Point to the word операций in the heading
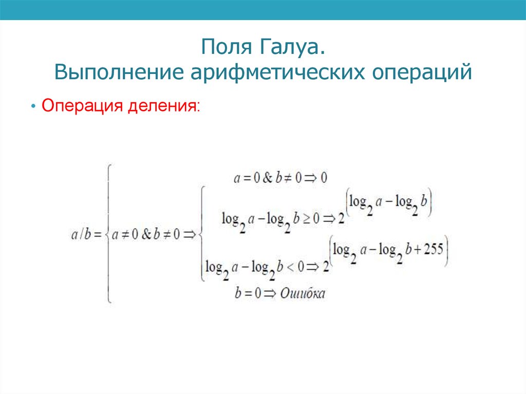click(419, 72)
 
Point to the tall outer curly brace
click(108, 234)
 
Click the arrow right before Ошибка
click(269, 293)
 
